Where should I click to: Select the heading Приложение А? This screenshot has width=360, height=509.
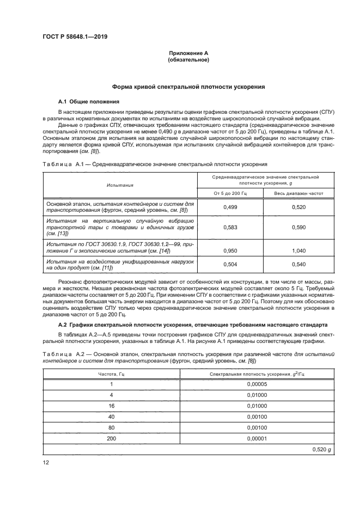click(188, 53)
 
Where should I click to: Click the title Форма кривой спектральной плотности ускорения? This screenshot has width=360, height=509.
click(188, 87)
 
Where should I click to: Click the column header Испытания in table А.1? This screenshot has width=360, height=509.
click(119, 185)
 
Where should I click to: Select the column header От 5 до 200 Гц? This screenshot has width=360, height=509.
click(229, 193)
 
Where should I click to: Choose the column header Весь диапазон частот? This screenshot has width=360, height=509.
click(298, 193)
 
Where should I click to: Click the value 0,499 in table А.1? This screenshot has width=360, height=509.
click(229, 207)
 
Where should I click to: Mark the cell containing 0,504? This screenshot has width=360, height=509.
click(229, 264)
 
